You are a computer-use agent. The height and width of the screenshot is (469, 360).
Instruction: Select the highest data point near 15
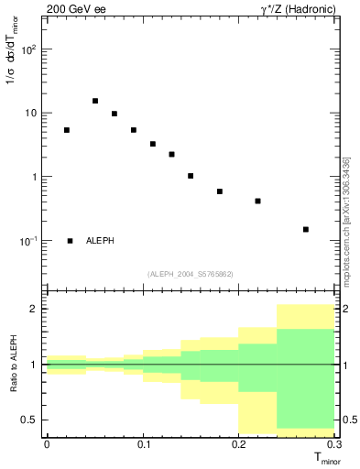[95, 101]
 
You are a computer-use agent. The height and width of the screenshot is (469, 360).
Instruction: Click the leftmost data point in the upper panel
[67, 130]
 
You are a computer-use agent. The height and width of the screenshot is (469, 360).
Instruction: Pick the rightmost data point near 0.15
[306, 229]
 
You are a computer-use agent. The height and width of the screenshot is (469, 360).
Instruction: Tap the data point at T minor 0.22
[258, 201]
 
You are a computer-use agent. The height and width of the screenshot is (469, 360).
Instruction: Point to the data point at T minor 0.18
[220, 191]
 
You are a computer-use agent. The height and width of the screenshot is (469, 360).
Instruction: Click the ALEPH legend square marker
[71, 241]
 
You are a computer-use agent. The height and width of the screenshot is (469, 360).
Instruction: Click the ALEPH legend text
[100, 241]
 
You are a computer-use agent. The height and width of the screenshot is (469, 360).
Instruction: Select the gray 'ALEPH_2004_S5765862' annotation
[191, 274]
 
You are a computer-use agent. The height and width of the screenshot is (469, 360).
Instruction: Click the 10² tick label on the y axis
[28, 49]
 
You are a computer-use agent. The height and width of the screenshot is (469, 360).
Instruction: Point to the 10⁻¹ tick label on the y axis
[28, 241]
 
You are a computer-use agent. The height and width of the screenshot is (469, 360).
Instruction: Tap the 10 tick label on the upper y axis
[30, 114]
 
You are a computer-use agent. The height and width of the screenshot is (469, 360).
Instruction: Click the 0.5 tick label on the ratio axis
[30, 420]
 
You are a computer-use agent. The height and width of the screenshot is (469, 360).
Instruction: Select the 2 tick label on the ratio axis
[35, 309]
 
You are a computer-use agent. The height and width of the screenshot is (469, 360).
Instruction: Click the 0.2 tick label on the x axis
[238, 444]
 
